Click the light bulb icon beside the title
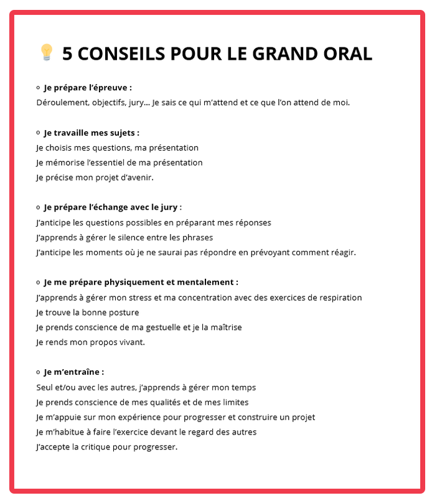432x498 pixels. [x=46, y=53]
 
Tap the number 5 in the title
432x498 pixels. [x=68, y=54]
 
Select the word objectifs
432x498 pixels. [x=110, y=102]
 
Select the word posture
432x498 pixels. [x=123, y=312]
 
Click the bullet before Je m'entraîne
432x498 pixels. [x=38, y=372]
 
